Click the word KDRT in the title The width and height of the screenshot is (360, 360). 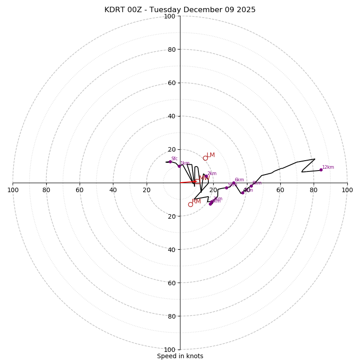(x=114, y=10)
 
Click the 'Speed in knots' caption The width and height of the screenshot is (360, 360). (x=180, y=356)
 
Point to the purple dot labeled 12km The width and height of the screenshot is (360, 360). (x=321, y=170)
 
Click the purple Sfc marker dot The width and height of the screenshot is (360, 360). (x=170, y=162)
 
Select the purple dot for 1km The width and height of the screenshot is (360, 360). (x=179, y=166)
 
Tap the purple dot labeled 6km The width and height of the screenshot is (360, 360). (x=234, y=183)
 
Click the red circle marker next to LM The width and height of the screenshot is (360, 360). (x=205, y=158)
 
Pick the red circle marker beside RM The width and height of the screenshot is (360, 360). (x=190, y=204)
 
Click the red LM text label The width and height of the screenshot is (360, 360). (x=211, y=155)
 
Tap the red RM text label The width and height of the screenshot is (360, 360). (x=196, y=201)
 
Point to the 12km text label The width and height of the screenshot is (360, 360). (x=328, y=167)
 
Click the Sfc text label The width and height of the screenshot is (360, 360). (x=174, y=159)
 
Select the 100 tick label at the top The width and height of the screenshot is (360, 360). (x=169, y=16)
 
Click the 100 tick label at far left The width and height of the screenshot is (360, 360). (x=13, y=190)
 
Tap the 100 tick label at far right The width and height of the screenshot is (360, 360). (x=347, y=190)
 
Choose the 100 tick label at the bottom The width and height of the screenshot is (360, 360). (x=169, y=350)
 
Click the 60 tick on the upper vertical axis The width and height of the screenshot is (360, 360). (x=171, y=83)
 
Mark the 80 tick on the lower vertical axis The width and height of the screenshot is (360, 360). (x=171, y=316)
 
